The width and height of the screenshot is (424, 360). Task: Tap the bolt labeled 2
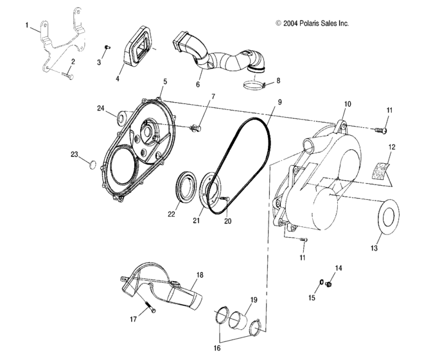pos(69,76)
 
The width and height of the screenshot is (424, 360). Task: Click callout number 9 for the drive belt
pos(280,102)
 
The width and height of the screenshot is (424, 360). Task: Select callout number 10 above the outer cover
pos(347,104)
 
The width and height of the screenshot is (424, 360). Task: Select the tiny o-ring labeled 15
pos(320,283)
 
